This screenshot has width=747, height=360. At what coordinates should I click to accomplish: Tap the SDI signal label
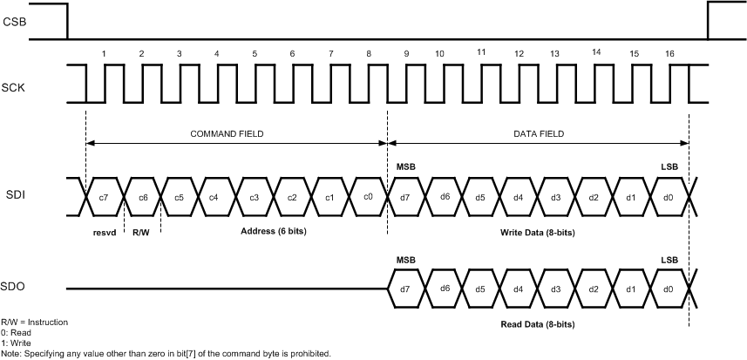point(14,196)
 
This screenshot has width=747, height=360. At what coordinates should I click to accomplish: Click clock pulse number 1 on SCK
point(104,54)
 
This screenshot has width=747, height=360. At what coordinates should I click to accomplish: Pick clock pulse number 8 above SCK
point(369,54)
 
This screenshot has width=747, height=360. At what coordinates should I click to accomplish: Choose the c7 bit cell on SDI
point(104,197)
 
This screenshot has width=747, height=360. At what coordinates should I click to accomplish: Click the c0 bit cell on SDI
point(369,197)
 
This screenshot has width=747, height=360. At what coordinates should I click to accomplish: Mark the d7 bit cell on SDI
point(406,197)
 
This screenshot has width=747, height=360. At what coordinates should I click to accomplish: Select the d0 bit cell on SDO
point(669,288)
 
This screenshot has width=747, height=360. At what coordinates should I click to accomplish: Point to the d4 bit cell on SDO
point(519,288)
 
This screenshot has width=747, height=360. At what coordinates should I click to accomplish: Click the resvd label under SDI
point(105,233)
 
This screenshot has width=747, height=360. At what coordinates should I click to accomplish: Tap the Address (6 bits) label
point(274,233)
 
